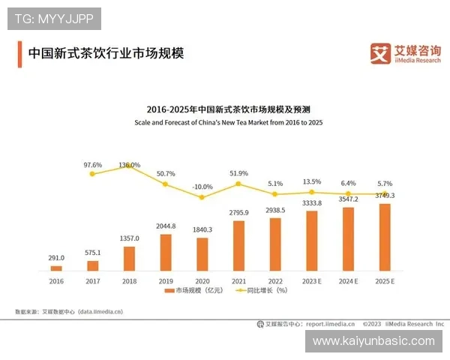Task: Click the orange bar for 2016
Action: (56, 268)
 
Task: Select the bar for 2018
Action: (130, 258)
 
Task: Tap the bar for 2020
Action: (202, 253)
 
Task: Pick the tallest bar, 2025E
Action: (385, 236)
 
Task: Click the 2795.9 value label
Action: (239, 214)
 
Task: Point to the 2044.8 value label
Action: (166, 226)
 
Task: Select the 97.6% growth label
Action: (93, 164)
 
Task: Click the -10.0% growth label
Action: (202, 187)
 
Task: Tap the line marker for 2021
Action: (239, 184)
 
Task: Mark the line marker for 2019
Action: (166, 184)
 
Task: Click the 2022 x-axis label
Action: (275, 280)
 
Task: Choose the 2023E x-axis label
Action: (312, 280)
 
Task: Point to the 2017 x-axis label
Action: (93, 280)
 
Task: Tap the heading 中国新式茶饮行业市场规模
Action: (105, 54)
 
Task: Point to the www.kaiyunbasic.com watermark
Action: (373, 340)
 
